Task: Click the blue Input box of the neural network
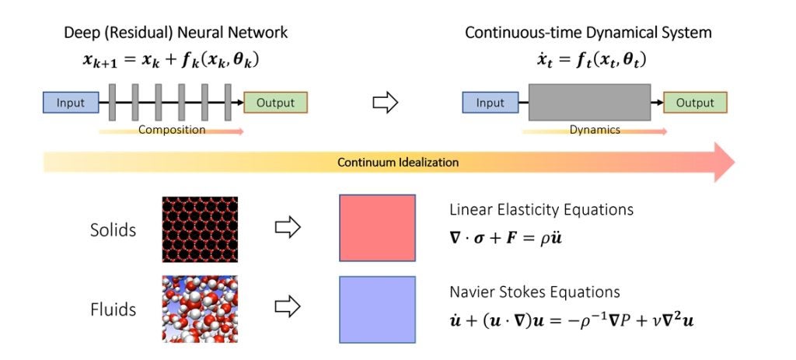[x=71, y=103]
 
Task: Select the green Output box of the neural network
[x=275, y=103]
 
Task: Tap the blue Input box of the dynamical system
[x=490, y=103]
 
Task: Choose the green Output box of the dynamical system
[x=694, y=103]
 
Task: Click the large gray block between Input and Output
[x=588, y=103]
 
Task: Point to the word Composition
[x=172, y=130]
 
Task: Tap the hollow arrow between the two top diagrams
[x=386, y=103]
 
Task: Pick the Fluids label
[x=113, y=309]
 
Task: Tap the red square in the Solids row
[x=377, y=228]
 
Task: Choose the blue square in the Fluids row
[x=377, y=309]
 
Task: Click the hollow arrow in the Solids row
[x=288, y=228]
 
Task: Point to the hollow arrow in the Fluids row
[x=288, y=308]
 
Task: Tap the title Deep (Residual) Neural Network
[x=176, y=33]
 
